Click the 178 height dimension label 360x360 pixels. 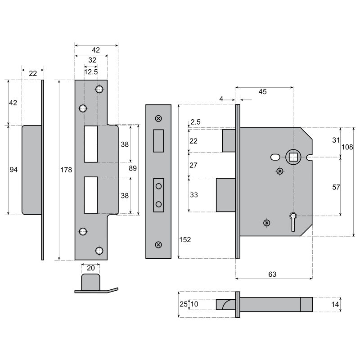click(x=66, y=170)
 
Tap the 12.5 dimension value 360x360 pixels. click(x=91, y=72)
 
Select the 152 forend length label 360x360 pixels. click(x=185, y=240)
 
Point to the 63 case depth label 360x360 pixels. click(x=272, y=274)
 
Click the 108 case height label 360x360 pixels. click(x=347, y=147)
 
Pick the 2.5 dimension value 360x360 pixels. click(x=195, y=122)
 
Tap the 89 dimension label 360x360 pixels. click(x=133, y=168)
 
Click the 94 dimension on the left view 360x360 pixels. click(x=13, y=170)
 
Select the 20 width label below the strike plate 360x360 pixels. click(x=91, y=268)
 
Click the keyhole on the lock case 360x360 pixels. click(x=293, y=221)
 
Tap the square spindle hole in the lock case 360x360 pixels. click(x=293, y=157)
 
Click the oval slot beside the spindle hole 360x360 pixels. click(x=275, y=157)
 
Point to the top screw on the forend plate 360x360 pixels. click(x=158, y=118)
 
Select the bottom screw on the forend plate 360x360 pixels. click(x=158, y=245)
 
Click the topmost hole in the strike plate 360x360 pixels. click(x=99, y=89)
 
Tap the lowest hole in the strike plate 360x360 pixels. click(x=99, y=251)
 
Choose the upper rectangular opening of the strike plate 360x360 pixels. click(x=91, y=144)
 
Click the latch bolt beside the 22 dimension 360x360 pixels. click(x=229, y=141)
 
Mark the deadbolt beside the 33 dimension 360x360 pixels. click(x=226, y=195)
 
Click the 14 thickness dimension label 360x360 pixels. click(x=335, y=305)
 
